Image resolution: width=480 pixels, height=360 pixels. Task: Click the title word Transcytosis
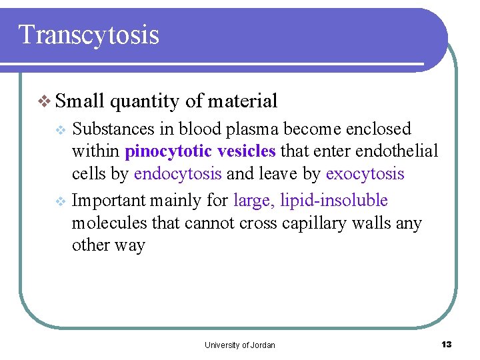tap(89, 35)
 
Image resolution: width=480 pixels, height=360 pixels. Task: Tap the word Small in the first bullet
tap(80, 101)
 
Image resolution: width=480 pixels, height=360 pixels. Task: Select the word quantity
tap(145, 102)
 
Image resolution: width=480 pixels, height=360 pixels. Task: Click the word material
tap(242, 101)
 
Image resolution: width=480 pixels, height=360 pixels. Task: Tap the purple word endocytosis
tap(178, 174)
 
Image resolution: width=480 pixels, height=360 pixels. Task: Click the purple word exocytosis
tap(365, 174)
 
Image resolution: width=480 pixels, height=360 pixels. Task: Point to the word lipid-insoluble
tap(334, 200)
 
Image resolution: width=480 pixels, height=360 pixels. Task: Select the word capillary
tap(305, 223)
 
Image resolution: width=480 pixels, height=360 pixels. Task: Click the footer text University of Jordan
tap(240, 345)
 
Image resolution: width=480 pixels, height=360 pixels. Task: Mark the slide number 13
tap(446, 344)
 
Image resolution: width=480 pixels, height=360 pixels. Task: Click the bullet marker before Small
tap(45, 102)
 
